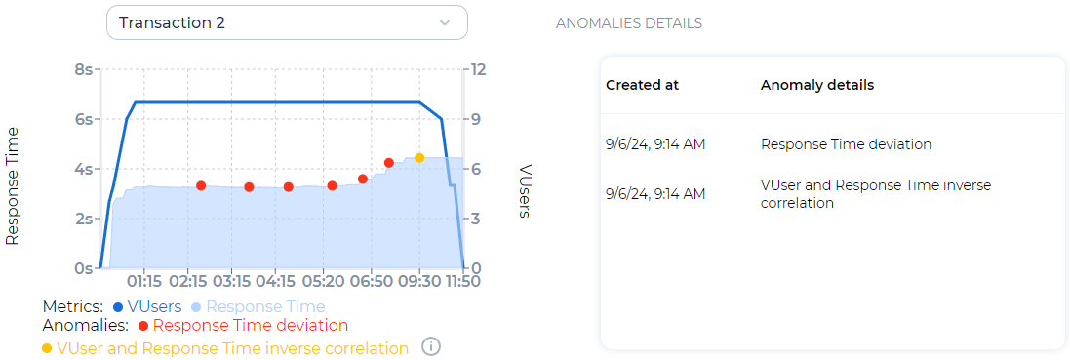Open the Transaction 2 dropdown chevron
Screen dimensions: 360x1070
pyautogui.click(x=445, y=22)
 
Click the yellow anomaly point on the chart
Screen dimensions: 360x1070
pyautogui.click(x=419, y=158)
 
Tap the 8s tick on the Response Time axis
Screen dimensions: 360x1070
pyautogui.click(x=83, y=70)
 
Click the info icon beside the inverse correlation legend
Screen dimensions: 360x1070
pyautogui.click(x=430, y=346)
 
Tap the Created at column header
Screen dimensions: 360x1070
pyautogui.click(x=642, y=85)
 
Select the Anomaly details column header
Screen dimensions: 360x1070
pyautogui.click(x=816, y=85)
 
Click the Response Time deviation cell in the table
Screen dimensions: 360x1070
pyautogui.click(x=846, y=144)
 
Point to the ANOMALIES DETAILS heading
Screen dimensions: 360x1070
pyautogui.click(x=628, y=22)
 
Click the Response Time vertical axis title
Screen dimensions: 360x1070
pyautogui.click(x=14, y=184)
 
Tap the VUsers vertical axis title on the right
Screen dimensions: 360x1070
pyautogui.click(x=524, y=191)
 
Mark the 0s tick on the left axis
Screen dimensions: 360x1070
pyautogui.click(x=83, y=268)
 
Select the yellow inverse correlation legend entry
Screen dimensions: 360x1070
pyautogui.click(x=232, y=348)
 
